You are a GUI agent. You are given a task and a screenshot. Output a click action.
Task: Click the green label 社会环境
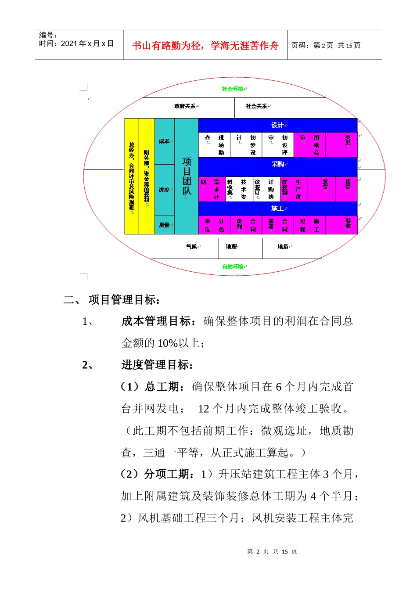[x=233, y=89]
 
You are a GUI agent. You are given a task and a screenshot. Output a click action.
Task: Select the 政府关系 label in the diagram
[x=185, y=106]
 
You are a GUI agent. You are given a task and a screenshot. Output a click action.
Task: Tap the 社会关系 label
[x=256, y=106]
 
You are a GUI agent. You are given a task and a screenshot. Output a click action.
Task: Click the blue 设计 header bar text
[x=277, y=125]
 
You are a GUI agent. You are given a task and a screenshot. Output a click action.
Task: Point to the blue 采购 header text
[x=277, y=164]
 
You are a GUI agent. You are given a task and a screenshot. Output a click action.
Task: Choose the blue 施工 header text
[x=277, y=209]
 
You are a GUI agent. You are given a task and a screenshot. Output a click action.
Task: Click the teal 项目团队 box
[x=187, y=176]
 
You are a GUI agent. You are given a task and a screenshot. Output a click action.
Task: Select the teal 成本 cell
[x=164, y=141]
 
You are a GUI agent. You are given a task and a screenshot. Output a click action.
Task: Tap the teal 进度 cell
[x=164, y=190]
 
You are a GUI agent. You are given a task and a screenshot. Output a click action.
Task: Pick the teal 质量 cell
[x=164, y=225]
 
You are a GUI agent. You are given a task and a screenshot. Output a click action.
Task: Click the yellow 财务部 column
[x=147, y=176]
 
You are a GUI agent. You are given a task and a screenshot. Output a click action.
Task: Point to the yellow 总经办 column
[x=132, y=176]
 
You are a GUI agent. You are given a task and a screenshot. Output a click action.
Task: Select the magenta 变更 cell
[x=348, y=140]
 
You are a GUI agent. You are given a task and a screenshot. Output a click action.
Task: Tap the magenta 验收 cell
[x=348, y=224]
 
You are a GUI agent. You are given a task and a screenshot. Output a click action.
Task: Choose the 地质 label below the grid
[x=283, y=247]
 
